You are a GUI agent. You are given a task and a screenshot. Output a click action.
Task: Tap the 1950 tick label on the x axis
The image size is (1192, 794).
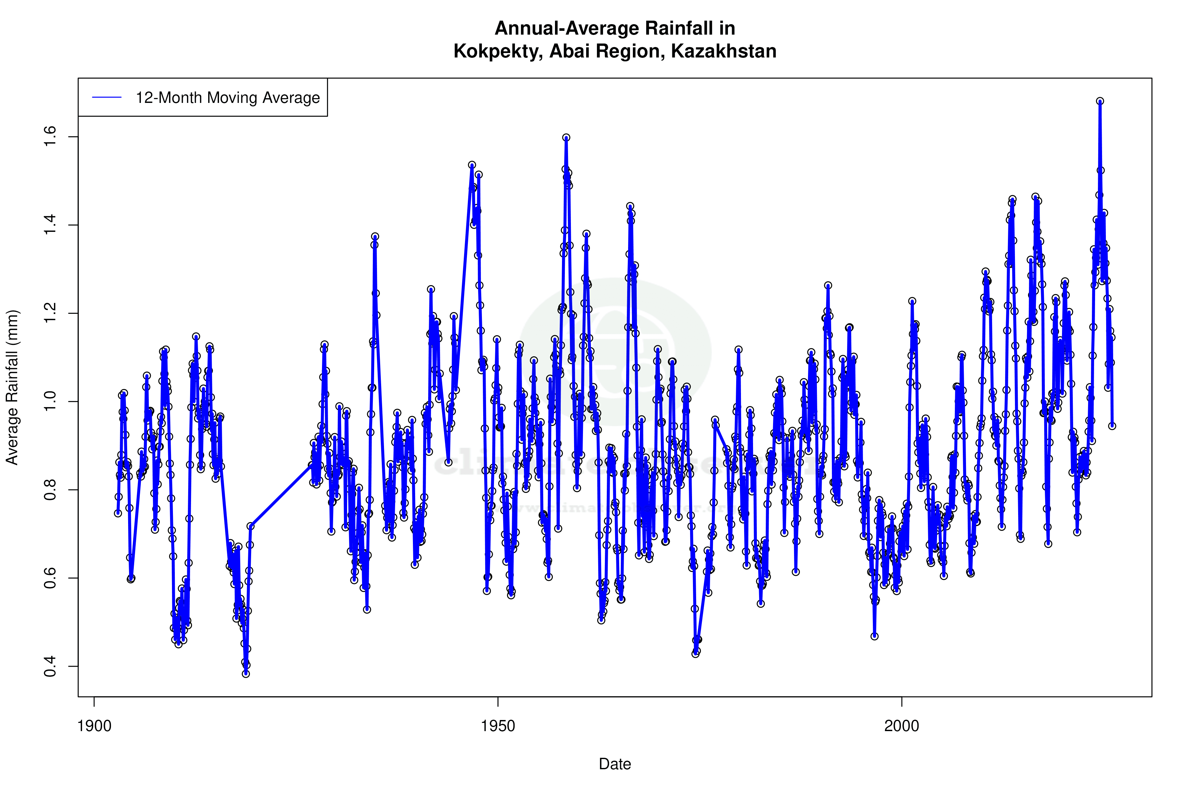(498, 726)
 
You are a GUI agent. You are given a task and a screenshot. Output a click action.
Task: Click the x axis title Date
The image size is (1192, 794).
(615, 764)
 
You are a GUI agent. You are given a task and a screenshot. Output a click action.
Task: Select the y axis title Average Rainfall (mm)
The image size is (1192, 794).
(12, 387)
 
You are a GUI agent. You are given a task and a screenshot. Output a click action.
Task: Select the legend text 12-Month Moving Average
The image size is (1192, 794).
(228, 98)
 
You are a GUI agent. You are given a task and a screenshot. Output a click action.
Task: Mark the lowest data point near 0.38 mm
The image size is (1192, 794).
(246, 674)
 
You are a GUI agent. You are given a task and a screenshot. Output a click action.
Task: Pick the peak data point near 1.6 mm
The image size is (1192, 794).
(566, 137)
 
